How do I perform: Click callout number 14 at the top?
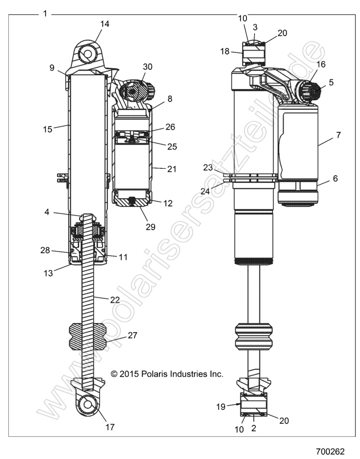(105, 23)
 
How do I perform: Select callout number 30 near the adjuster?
(147, 66)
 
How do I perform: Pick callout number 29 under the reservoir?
(150, 227)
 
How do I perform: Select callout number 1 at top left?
(45, 14)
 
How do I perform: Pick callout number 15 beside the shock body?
(46, 129)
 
